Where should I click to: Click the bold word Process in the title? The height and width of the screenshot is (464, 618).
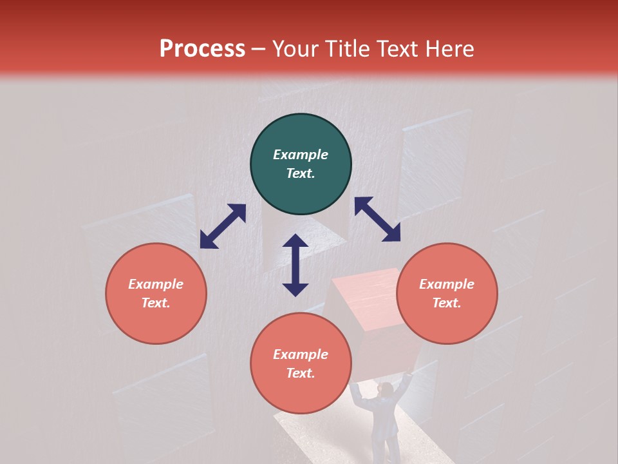tap(202, 49)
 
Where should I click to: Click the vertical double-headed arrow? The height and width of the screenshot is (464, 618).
tap(295, 265)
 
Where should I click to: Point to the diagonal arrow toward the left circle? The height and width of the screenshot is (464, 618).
tap(223, 226)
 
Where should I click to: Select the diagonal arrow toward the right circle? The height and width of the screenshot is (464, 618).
tap(377, 219)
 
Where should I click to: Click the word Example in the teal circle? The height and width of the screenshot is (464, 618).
tap(301, 155)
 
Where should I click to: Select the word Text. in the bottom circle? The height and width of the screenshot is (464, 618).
tap(301, 373)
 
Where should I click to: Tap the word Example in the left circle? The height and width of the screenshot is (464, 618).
tap(156, 284)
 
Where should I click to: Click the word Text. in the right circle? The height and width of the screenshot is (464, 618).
tap(447, 303)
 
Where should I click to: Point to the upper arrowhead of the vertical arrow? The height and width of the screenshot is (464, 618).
tap(295, 242)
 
